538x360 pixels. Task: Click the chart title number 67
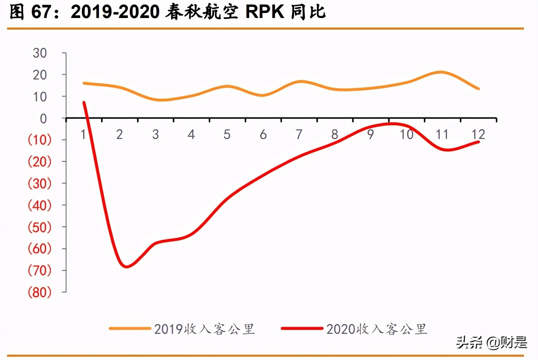(x=41, y=12)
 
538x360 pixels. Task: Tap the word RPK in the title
(x=265, y=12)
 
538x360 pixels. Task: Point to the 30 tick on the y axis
(x=40, y=53)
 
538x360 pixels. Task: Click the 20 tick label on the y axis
(x=40, y=75)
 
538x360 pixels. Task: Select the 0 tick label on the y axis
(x=43, y=119)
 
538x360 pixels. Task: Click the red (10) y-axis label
(x=39, y=140)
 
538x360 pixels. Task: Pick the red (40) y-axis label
(x=39, y=205)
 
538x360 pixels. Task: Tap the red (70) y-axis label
(x=39, y=270)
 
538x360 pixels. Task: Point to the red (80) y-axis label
(x=39, y=292)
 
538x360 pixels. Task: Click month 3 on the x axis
(x=155, y=135)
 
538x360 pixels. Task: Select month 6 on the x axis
(x=263, y=135)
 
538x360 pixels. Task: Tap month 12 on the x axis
(x=478, y=135)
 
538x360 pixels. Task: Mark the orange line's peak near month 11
(x=441, y=72)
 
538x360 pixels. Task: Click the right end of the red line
(x=479, y=142)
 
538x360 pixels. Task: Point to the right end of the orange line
(x=479, y=89)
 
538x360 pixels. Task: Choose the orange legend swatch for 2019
(x=130, y=329)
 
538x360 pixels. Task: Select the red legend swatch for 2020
(x=302, y=329)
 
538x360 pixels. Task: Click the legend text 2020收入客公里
(x=377, y=329)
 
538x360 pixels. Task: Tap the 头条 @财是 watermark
(x=491, y=342)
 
